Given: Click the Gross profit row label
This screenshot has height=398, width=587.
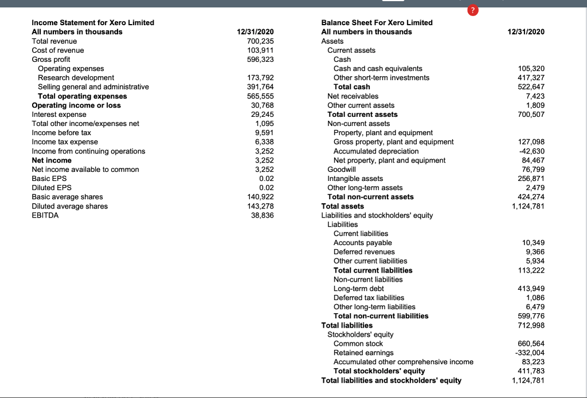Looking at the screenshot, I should [x=51, y=60].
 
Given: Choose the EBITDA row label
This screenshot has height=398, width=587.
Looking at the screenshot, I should [x=45, y=215].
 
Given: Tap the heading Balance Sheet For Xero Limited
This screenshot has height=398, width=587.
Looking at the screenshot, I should [x=377, y=22].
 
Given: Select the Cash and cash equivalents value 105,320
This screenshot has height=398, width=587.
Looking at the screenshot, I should [x=531, y=69].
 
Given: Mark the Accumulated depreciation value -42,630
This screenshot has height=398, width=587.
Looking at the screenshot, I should [x=531, y=151].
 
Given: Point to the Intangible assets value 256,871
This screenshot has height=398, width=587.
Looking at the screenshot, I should [x=531, y=179].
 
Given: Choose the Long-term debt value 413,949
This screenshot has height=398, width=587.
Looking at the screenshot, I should [x=531, y=289].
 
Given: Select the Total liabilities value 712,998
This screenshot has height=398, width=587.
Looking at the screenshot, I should [x=531, y=325].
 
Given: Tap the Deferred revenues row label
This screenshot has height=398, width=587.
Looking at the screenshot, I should [x=364, y=252].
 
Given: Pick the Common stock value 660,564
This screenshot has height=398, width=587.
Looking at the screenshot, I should [x=531, y=344].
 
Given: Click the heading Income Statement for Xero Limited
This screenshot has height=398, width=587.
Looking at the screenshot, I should [x=93, y=22].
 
